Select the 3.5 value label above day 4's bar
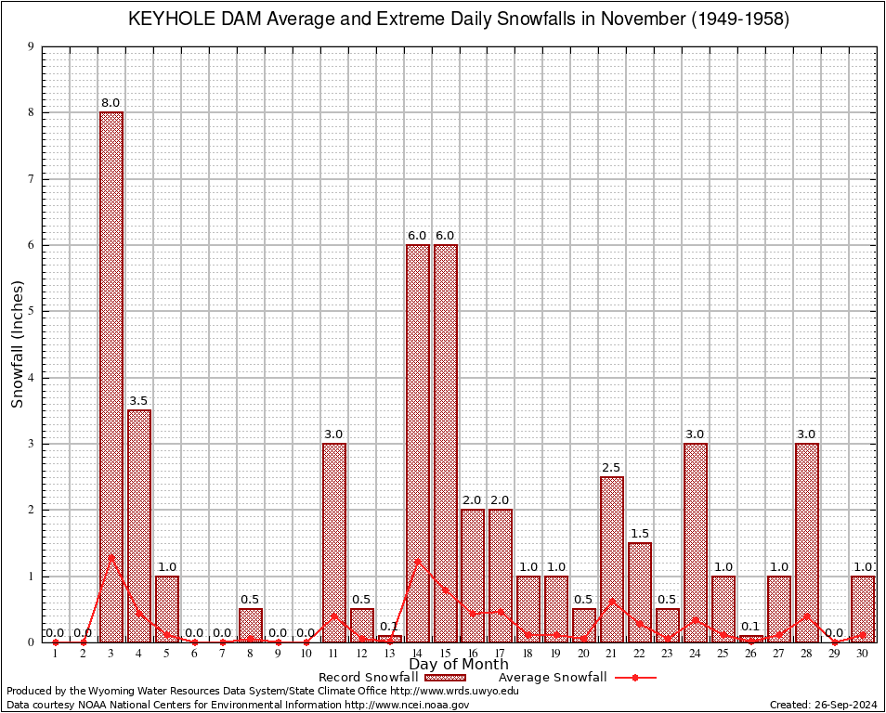(x=139, y=401)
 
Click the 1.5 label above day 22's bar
(x=640, y=534)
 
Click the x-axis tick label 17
(x=501, y=654)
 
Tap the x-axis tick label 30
(x=863, y=654)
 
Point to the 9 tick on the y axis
(x=31, y=46)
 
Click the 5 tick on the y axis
(x=31, y=311)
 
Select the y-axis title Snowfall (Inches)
(x=18, y=344)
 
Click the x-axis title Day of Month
(x=458, y=665)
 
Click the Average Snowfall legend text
(x=552, y=678)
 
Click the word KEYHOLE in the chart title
(x=165, y=19)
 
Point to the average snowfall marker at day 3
(x=111, y=557)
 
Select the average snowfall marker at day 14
(x=418, y=560)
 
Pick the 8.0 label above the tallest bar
(x=111, y=102)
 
